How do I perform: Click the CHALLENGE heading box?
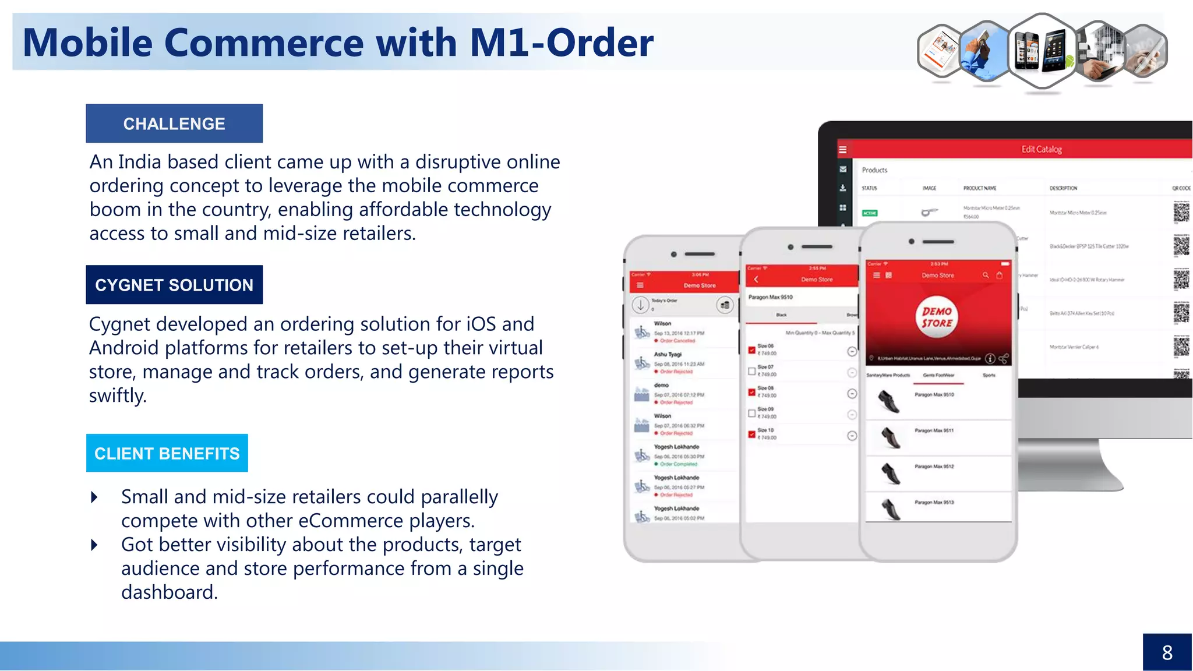174,123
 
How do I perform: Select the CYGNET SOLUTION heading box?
174,285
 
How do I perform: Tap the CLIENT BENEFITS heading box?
167,453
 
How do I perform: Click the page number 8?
1167,652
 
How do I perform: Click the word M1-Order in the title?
562,43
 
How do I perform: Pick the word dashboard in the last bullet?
169,592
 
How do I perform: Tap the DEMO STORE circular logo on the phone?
937,317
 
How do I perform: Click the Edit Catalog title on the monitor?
1042,150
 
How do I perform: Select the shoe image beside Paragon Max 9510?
889,402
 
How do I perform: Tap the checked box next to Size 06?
751,350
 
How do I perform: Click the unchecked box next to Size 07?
751,371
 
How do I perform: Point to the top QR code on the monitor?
1181,211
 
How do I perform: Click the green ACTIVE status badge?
870,213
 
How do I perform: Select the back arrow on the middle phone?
756,280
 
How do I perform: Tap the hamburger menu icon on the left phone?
640,285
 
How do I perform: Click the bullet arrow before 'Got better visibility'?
94,545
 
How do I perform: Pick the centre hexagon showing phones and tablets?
1042,51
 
